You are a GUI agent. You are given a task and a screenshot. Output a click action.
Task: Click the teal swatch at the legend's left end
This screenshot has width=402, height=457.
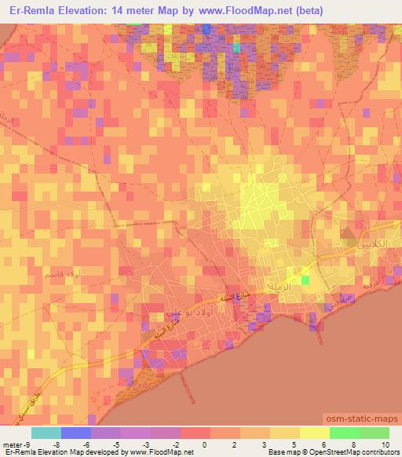[46, 433]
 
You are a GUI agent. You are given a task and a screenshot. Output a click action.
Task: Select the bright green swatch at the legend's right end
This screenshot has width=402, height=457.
[374, 433]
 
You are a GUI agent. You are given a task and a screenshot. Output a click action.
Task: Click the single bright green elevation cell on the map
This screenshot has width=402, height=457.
[305, 280]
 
